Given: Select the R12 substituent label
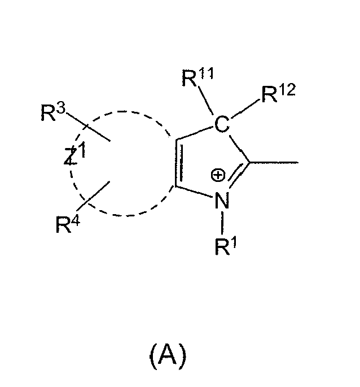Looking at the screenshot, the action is coord(278,93).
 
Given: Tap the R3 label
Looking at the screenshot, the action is coord(53,112).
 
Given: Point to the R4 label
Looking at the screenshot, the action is coord(68,224).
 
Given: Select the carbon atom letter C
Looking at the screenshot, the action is coord(222,124).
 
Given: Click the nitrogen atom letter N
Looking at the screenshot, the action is coord(222,201).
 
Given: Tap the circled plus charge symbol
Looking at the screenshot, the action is coord(218,175).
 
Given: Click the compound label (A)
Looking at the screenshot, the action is coord(168,356).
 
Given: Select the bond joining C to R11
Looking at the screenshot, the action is coord(205,101).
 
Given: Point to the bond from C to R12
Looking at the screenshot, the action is coord(245,108).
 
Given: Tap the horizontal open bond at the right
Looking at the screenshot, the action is coord(274,162).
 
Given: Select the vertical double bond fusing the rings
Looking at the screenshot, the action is coord(179,163).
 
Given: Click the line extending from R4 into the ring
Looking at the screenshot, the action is coord(93,196).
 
